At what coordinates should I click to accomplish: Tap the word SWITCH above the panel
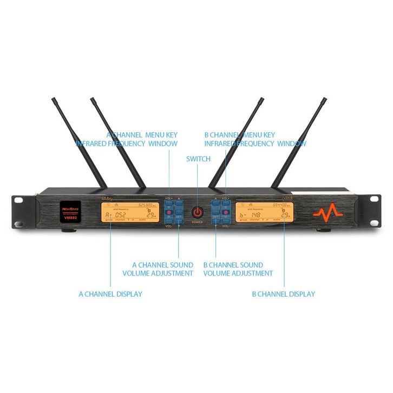click(198, 159)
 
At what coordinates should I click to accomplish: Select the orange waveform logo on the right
click(327, 210)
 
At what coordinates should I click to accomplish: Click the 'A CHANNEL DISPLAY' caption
click(110, 294)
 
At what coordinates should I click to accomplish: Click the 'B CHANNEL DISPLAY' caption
click(283, 294)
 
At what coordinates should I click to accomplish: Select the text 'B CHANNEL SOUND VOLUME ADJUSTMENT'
click(238, 269)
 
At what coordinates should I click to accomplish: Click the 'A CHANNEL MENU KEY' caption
click(142, 135)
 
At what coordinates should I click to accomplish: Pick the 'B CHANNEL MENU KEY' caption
click(240, 135)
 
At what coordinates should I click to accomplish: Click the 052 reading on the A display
click(120, 215)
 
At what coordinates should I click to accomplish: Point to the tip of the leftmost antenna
click(54, 100)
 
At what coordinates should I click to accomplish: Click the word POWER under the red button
click(196, 222)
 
